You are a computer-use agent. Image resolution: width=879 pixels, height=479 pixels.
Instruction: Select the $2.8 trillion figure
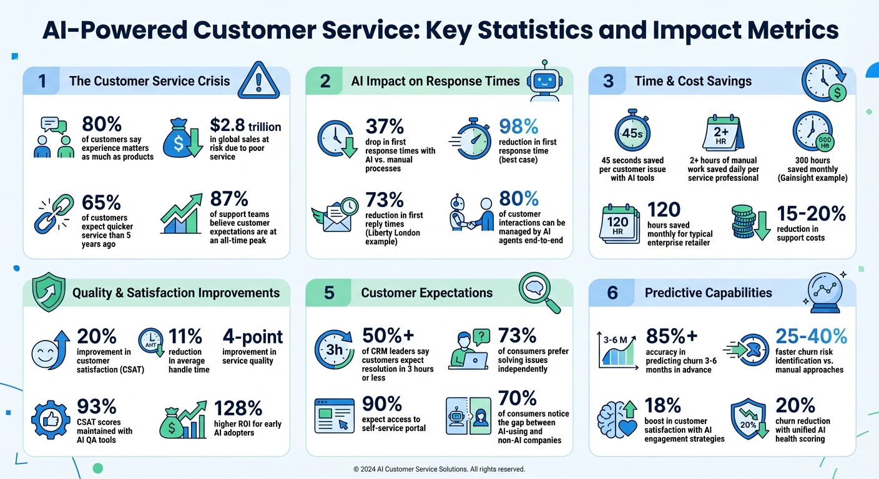click(245, 126)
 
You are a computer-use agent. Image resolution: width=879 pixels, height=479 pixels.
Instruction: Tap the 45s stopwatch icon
click(628, 133)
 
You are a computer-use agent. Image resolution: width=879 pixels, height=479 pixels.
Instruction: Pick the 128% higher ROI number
click(238, 408)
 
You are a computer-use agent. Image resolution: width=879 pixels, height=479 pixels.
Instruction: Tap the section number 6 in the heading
click(612, 293)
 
